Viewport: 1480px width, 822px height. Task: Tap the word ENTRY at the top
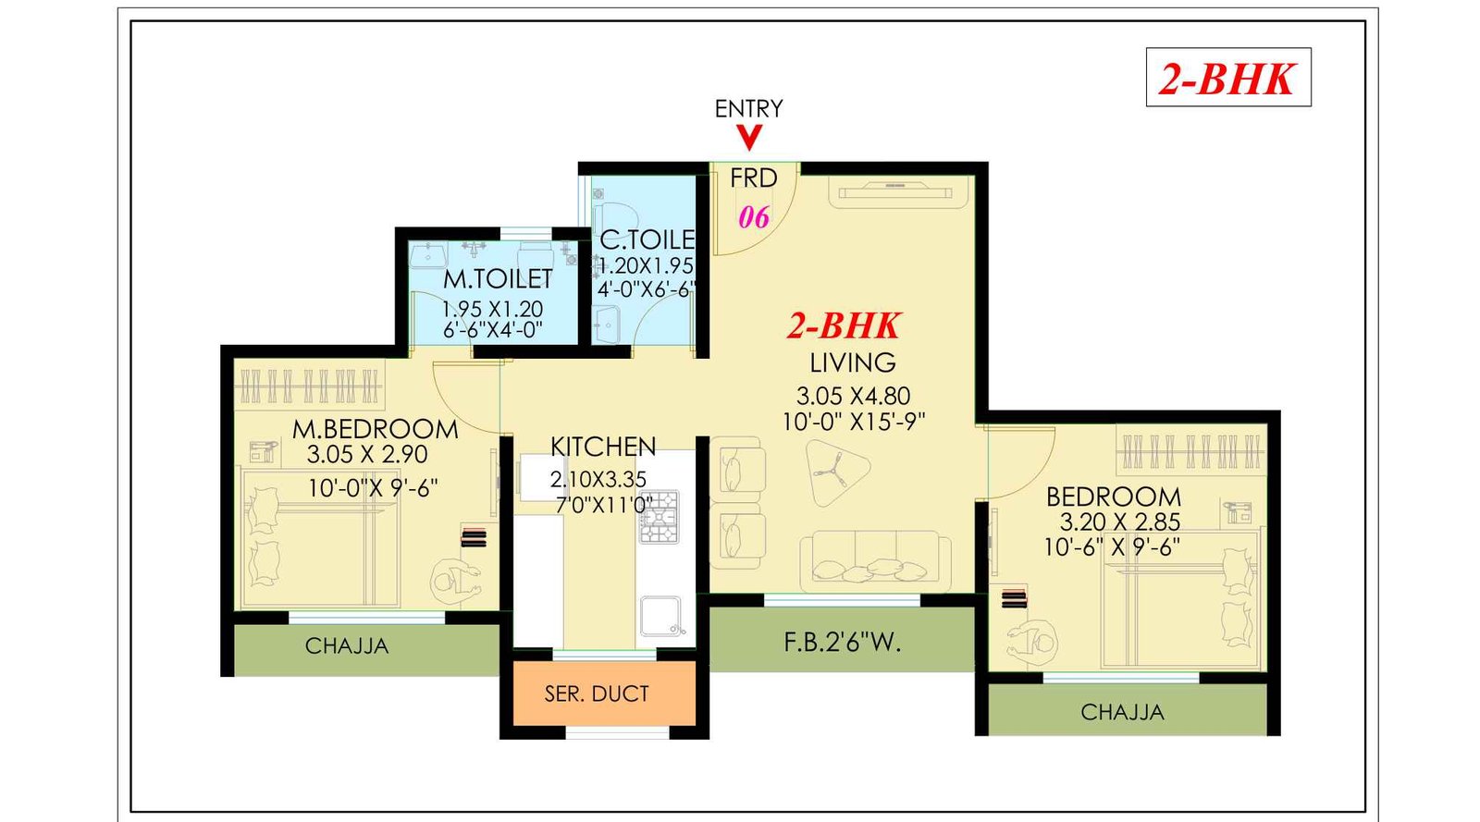748,108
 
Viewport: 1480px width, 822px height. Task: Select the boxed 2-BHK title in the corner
1227,78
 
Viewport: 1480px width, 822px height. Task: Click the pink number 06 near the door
753,217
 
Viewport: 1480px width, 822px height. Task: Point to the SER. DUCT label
597,693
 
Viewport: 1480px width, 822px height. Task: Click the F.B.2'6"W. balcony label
842,642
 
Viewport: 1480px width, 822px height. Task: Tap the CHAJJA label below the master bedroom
347,646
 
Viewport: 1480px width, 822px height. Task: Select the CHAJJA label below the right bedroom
1122,713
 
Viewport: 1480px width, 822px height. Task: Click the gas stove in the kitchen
660,517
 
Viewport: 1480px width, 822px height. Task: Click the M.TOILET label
497,278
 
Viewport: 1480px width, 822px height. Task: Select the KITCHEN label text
603,447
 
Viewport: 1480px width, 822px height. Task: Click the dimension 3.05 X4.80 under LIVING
853,397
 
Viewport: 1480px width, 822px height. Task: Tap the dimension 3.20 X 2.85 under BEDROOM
1119,521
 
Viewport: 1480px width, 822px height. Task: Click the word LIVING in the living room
852,362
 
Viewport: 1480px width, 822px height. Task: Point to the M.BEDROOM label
375,429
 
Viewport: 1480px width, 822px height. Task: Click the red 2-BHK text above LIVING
844,325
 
